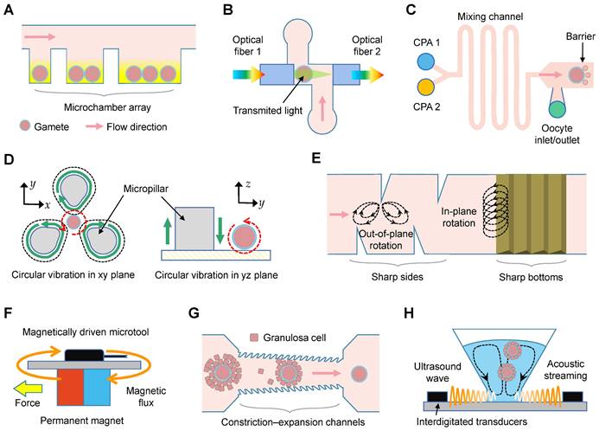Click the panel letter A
coord(11,11)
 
